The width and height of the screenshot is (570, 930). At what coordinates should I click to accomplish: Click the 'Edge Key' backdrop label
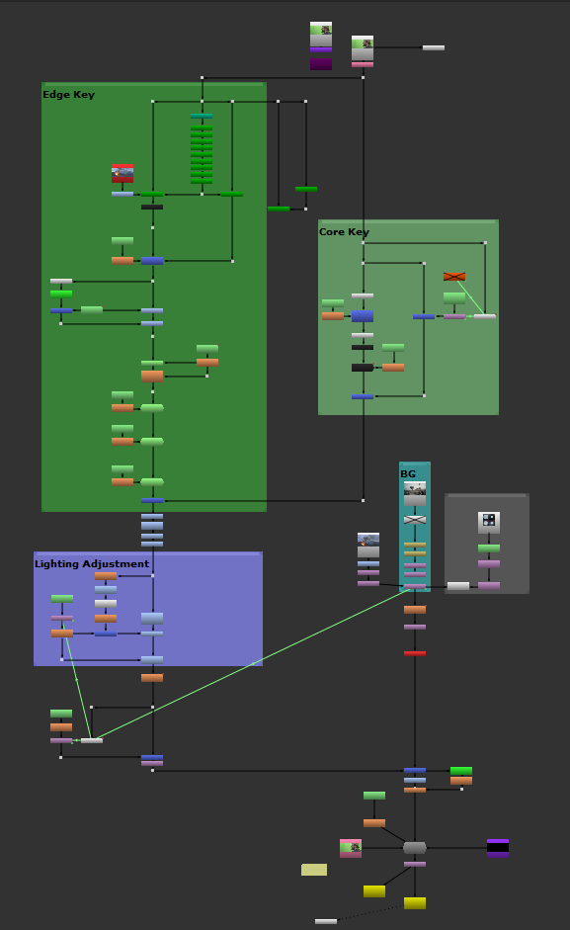click(68, 95)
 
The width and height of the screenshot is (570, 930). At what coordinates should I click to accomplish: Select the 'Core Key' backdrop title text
click(344, 232)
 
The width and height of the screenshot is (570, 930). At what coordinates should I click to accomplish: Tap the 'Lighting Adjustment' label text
click(92, 564)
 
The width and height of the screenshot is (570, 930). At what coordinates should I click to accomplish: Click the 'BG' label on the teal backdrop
click(408, 474)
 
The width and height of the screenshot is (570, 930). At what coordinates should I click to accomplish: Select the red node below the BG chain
click(415, 653)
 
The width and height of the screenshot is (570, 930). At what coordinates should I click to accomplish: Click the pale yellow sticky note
click(314, 870)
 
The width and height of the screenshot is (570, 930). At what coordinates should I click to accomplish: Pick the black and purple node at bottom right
click(498, 847)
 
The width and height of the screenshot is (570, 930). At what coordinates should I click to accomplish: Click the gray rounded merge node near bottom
click(415, 848)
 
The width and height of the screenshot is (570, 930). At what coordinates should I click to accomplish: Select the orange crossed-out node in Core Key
click(454, 277)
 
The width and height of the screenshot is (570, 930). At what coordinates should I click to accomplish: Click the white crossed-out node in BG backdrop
click(415, 519)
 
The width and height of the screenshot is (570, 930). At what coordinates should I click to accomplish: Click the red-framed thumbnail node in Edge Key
click(122, 174)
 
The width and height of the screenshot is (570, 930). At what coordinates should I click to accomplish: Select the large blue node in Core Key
click(363, 316)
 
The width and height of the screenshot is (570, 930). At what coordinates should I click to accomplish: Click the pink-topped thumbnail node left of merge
click(351, 848)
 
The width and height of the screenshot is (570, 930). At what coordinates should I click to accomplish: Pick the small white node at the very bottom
click(326, 921)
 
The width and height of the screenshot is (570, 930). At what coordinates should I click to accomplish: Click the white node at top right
click(434, 47)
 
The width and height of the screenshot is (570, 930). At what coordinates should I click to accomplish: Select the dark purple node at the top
click(321, 63)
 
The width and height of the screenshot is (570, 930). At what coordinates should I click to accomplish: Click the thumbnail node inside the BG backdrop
click(415, 492)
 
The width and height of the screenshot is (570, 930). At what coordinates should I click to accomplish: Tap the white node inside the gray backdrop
click(458, 586)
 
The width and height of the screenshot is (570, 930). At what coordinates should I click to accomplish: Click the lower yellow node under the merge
click(415, 903)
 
